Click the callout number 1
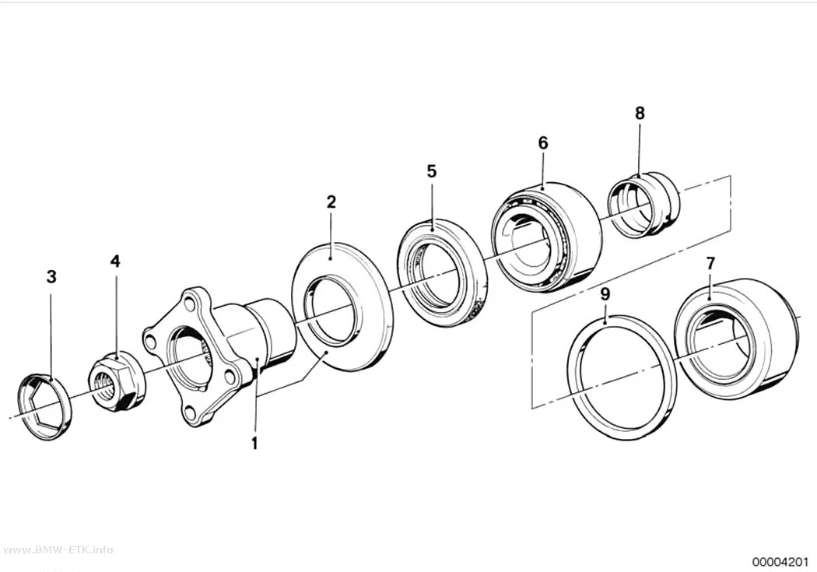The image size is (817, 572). pyautogui.click(x=254, y=444)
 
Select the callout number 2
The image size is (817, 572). pyautogui.click(x=331, y=202)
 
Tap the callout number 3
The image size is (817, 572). pyautogui.click(x=51, y=276)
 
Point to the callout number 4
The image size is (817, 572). pyautogui.click(x=115, y=261)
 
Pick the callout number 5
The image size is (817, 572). pyautogui.click(x=431, y=171)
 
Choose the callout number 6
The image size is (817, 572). pyautogui.click(x=543, y=142)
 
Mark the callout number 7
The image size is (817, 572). pyautogui.click(x=710, y=264)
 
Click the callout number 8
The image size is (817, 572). pyautogui.click(x=640, y=113)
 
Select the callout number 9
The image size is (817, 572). pyautogui.click(x=605, y=294)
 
